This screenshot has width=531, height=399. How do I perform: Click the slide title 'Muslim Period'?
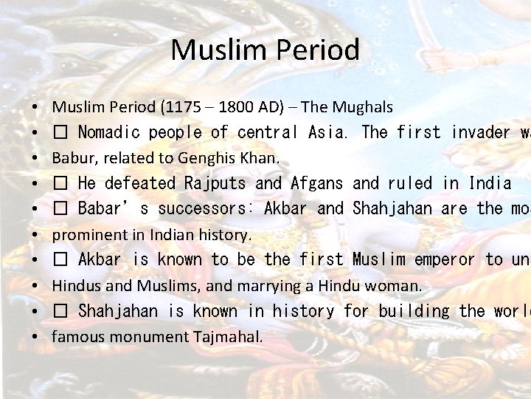coord(265,50)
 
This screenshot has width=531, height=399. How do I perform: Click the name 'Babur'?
coord(70,158)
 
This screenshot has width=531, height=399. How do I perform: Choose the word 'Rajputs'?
coord(215,183)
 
